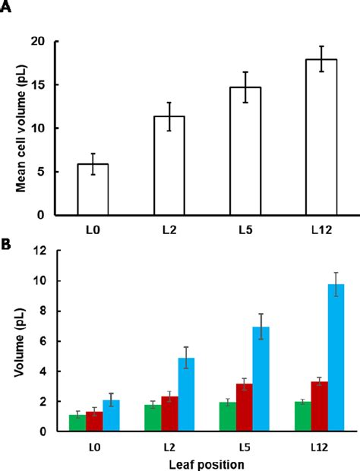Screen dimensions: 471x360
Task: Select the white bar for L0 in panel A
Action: pyautogui.click(x=93, y=190)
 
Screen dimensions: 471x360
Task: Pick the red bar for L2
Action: pyautogui.click(x=169, y=414)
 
